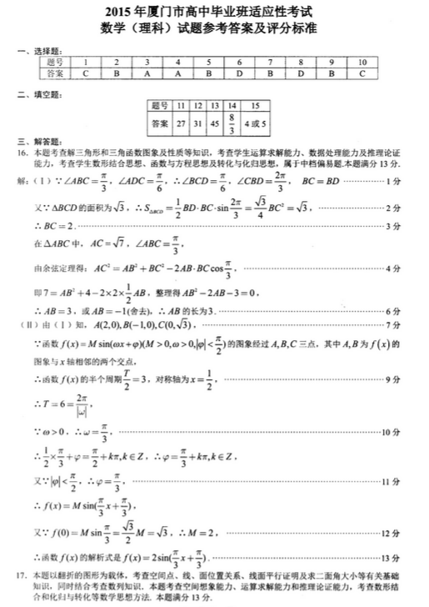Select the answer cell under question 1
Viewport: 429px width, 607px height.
[x=86, y=73]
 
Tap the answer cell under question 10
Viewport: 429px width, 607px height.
[x=362, y=73]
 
